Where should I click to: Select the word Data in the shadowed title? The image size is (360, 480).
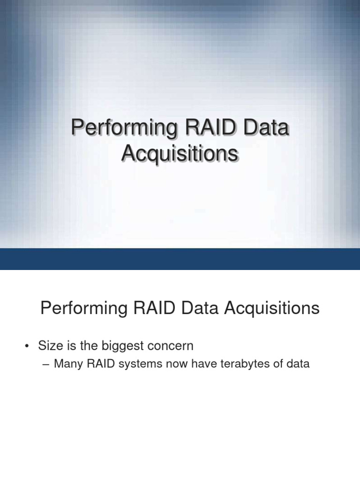pos(264,128)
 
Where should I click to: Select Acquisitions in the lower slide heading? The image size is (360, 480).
pos(272,308)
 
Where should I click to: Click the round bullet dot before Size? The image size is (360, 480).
pos(28,347)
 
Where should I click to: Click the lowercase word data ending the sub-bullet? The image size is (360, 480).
pos(299,363)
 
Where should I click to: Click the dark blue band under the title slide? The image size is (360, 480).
pos(180,259)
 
